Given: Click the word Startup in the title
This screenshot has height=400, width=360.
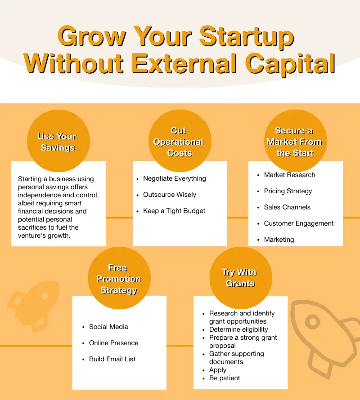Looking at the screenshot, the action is [247, 37].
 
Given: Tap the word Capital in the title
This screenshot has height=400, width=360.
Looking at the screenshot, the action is [290, 64].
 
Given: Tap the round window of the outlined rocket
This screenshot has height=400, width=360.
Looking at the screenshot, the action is [313, 322].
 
